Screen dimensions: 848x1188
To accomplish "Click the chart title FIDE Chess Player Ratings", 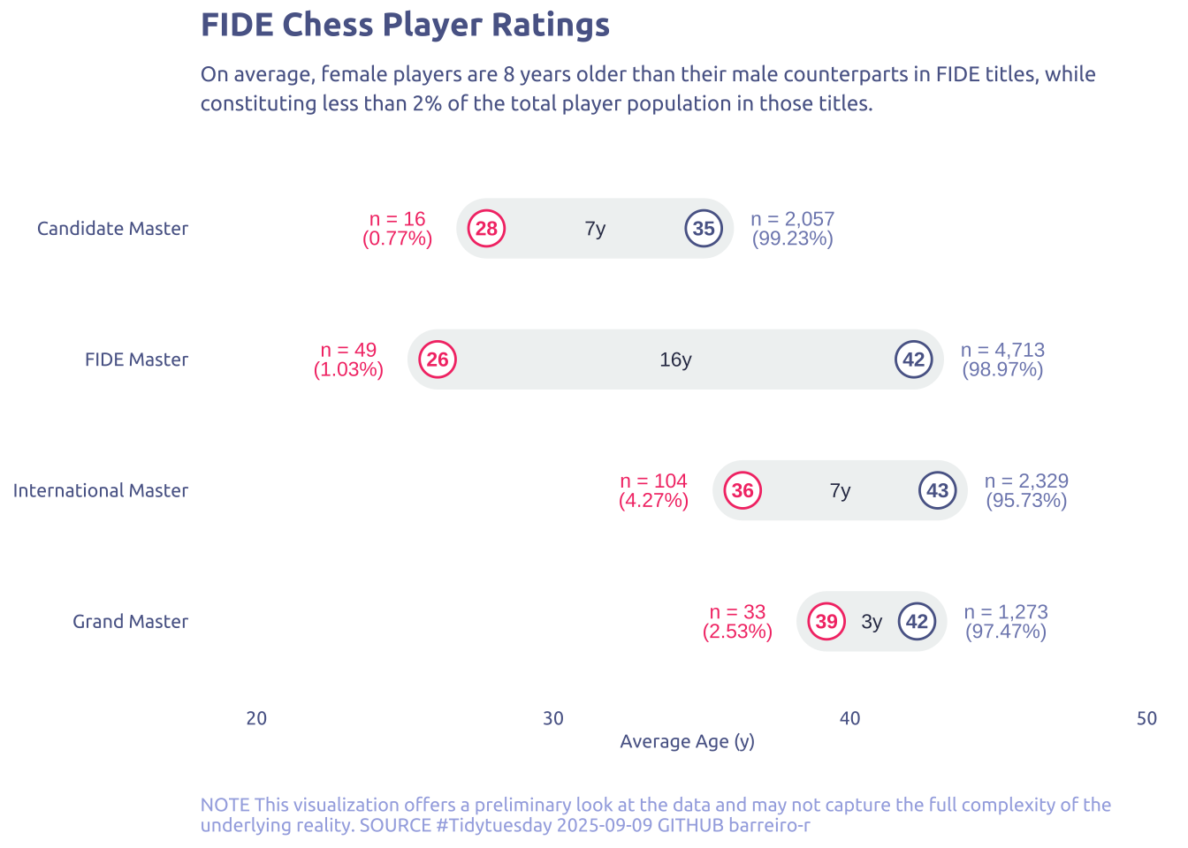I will (405, 25).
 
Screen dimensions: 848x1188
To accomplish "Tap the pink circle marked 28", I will (486, 229).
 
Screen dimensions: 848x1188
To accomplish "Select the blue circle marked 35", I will (704, 229).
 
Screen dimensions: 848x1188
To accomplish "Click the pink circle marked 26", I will (438, 360).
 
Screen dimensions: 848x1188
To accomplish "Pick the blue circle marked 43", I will (938, 490).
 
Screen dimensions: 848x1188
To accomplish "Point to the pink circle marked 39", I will (826, 621).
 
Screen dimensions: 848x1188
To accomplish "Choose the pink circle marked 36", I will (742, 490).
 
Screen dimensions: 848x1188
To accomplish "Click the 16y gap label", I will (675, 360).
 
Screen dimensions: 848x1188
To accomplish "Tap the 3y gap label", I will (872, 622).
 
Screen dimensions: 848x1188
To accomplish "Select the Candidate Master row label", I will (112, 229).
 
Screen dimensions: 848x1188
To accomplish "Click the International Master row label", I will (100, 490).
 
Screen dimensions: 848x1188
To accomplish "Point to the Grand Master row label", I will (130, 621).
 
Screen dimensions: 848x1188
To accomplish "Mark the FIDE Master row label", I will (136, 360).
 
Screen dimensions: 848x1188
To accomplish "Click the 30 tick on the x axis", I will (553, 718).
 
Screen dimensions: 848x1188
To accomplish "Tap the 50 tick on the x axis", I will (1146, 718).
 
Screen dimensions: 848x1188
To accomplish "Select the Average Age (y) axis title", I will (687, 741).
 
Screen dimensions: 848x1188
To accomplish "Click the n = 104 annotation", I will (653, 481).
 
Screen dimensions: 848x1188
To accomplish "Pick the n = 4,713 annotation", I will (1002, 350).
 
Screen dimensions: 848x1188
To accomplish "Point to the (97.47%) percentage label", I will (1006, 632).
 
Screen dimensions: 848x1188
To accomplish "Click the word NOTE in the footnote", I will (225, 805).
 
